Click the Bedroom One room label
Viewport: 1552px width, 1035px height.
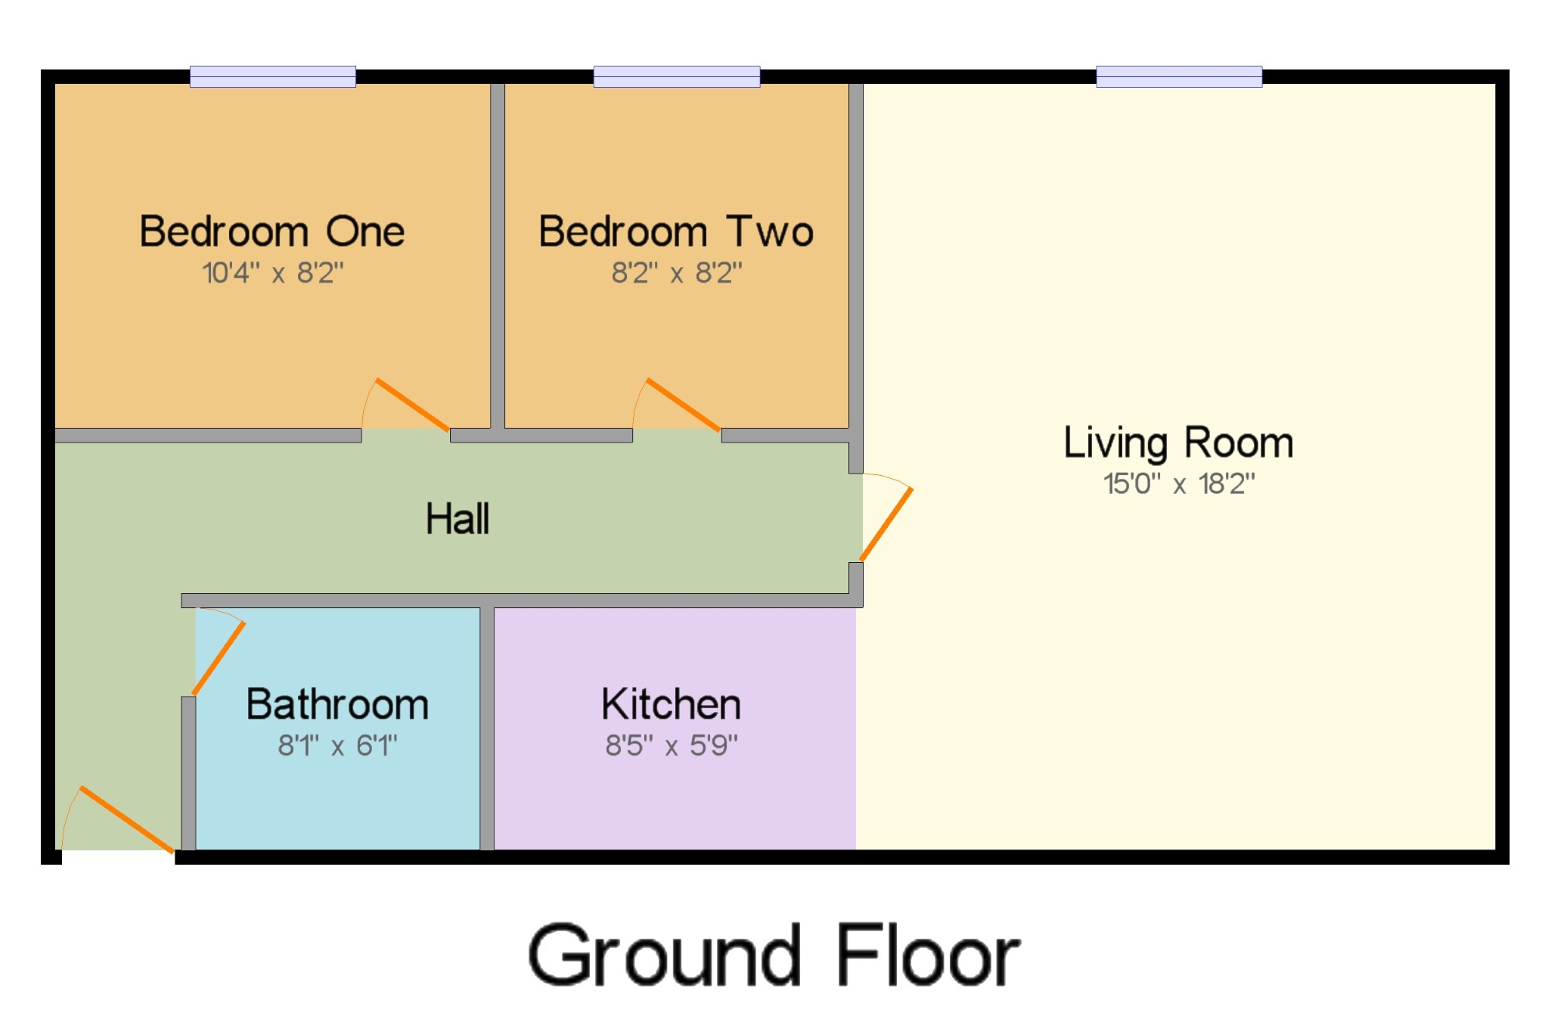[x=272, y=231]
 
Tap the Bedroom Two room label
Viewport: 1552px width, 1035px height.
[x=677, y=231]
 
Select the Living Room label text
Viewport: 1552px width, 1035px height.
[x=1179, y=443]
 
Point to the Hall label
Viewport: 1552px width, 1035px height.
[x=458, y=518]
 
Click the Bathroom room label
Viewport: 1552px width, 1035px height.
[x=338, y=704]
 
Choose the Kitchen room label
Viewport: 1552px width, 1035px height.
[x=671, y=704]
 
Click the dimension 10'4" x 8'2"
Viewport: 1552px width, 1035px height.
[x=272, y=273]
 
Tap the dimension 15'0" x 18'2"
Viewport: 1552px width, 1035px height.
[x=1179, y=484]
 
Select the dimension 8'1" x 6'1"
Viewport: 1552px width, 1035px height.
[x=338, y=745]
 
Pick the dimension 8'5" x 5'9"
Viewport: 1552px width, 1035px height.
[x=671, y=745]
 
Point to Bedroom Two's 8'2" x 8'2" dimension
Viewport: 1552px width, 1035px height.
[x=677, y=273]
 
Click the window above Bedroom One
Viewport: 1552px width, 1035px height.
[x=273, y=77]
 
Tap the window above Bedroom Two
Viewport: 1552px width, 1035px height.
[x=677, y=77]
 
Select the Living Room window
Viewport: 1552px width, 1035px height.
[x=1180, y=77]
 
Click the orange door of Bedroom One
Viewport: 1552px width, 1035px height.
[x=412, y=405]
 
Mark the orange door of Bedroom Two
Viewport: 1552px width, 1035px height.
[x=683, y=405]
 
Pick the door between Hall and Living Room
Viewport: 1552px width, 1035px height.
[x=886, y=524]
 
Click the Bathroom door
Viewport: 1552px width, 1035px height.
[x=219, y=658]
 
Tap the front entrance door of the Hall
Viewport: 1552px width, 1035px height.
[x=126, y=820]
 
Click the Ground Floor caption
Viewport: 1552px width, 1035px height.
[x=774, y=956]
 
